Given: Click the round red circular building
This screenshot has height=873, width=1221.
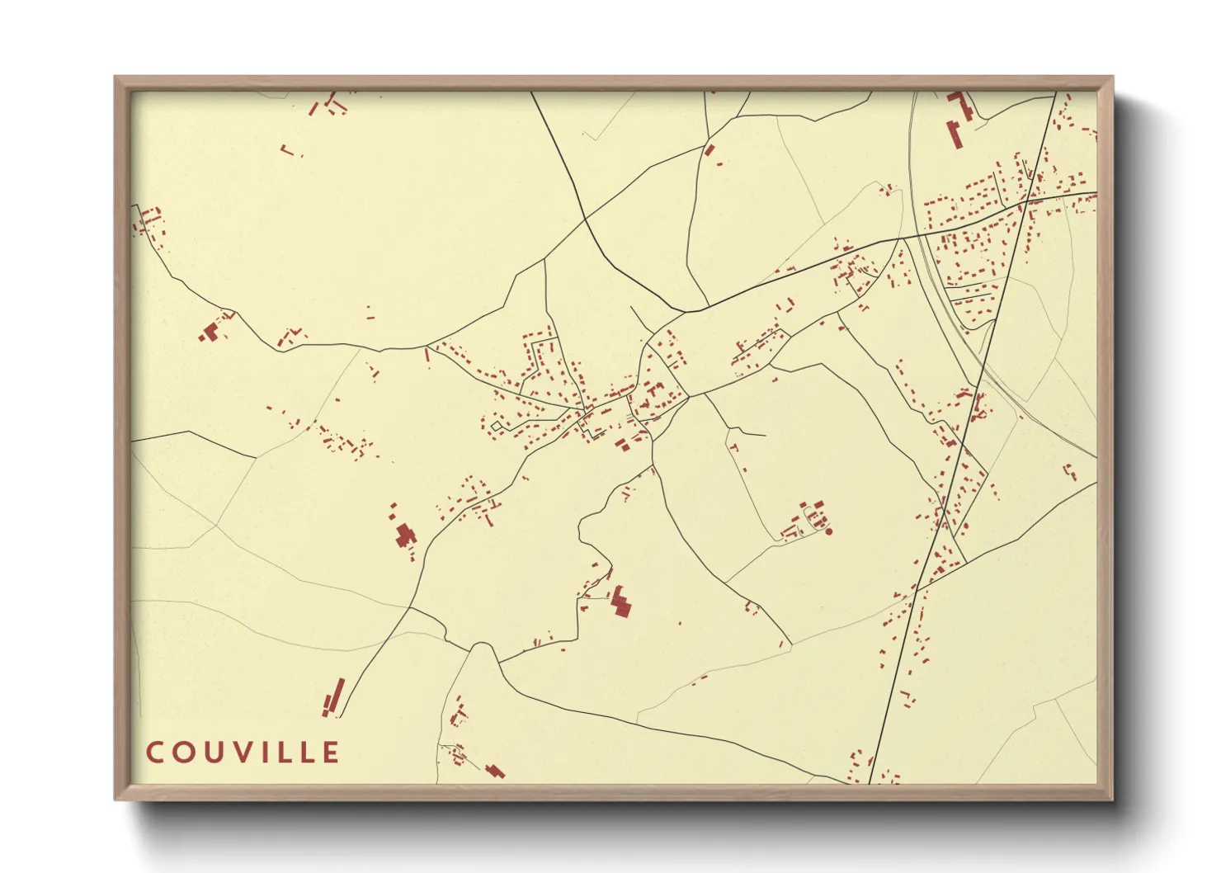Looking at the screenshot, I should (x=828, y=531).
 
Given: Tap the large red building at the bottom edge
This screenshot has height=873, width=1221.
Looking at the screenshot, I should (x=495, y=772).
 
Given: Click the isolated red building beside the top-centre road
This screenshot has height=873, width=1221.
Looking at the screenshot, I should (x=709, y=150).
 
